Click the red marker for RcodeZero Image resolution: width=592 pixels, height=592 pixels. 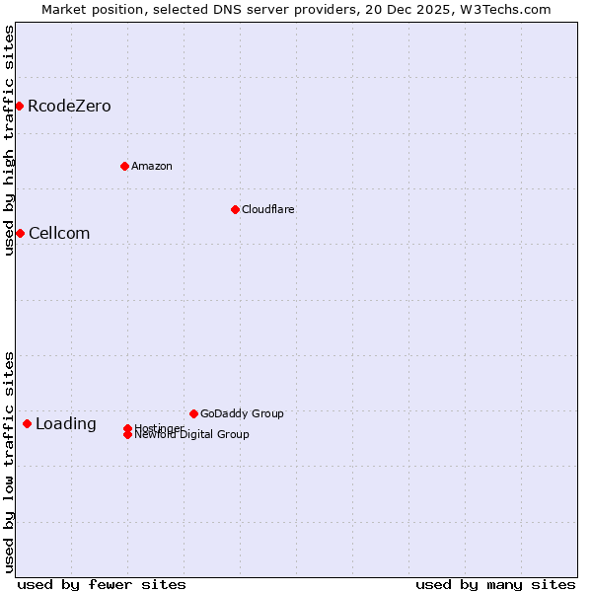click(x=19, y=106)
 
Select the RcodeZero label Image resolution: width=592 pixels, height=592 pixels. click(x=69, y=107)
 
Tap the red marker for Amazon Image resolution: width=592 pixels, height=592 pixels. click(x=124, y=166)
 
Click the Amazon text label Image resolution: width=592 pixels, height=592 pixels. click(x=152, y=166)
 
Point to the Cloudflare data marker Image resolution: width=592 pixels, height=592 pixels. click(x=235, y=209)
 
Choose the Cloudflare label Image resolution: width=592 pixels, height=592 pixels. click(x=268, y=209)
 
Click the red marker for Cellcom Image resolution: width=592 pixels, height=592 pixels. click(x=20, y=233)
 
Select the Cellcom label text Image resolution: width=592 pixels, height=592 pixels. click(x=59, y=234)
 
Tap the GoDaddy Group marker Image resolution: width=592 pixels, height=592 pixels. click(x=193, y=413)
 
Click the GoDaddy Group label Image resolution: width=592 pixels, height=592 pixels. click(x=242, y=413)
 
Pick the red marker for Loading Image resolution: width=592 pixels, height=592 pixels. click(x=27, y=423)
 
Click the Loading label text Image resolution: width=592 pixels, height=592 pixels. click(x=66, y=424)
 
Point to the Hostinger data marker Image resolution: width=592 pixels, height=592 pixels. click(x=127, y=428)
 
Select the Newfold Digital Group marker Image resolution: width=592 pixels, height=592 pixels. click(x=127, y=435)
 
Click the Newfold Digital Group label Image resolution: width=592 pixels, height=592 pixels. click(x=192, y=435)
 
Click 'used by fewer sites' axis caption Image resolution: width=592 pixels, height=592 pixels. click(x=102, y=584)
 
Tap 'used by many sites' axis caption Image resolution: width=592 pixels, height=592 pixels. click(x=495, y=584)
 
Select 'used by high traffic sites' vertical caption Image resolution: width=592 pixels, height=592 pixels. click(x=9, y=140)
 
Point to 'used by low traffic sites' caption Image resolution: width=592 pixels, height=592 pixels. click(x=9, y=462)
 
